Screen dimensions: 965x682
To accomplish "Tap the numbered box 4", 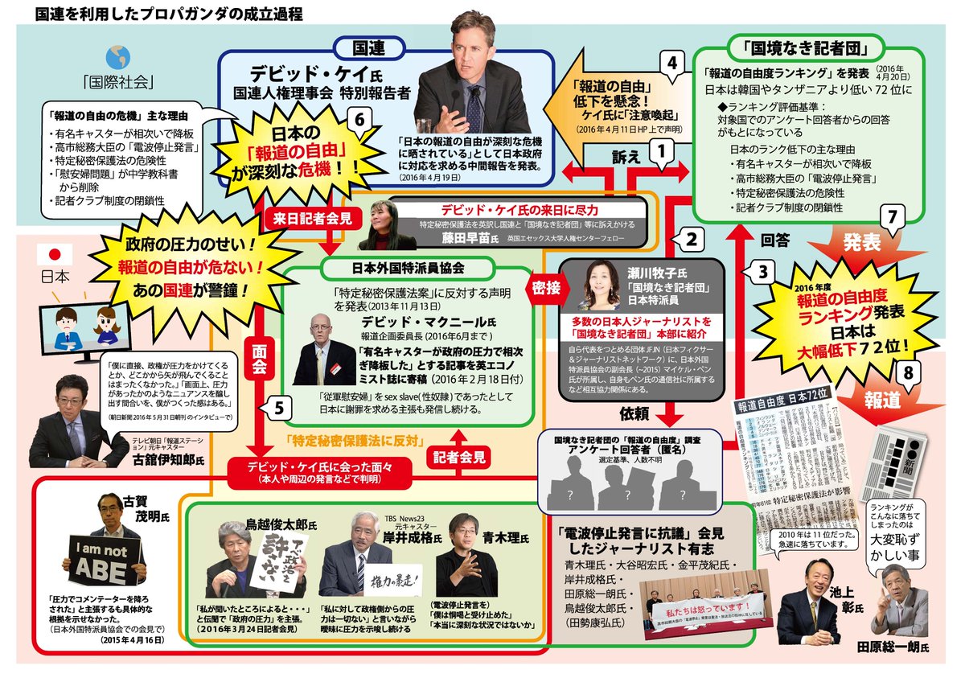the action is pos(671,62).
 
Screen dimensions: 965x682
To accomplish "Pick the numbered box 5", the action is pos(277,408).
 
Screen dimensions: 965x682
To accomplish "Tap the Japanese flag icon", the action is pos(55,254).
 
